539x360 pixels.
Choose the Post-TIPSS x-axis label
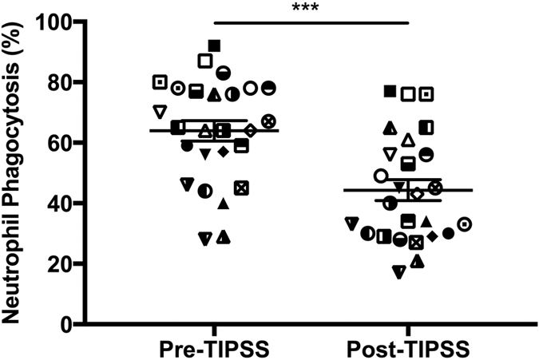click(x=408, y=349)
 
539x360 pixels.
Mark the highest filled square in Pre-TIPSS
click(x=214, y=45)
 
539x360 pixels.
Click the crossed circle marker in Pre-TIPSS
click(x=269, y=121)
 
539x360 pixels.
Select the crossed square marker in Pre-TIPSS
click(x=241, y=188)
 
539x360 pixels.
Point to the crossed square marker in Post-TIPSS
click(x=415, y=243)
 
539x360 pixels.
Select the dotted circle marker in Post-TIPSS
click(x=464, y=224)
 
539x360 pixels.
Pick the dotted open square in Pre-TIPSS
click(x=160, y=81)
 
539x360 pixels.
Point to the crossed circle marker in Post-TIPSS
click(x=435, y=188)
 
